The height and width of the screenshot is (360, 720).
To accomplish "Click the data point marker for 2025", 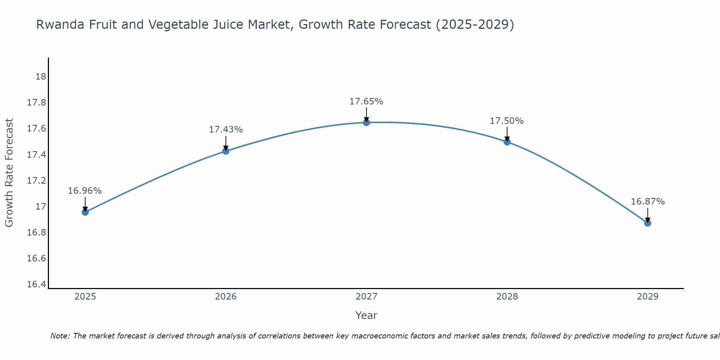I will coord(85,212).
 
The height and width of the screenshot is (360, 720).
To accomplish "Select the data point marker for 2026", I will coord(226,151).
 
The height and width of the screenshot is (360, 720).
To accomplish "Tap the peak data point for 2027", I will coord(366,122).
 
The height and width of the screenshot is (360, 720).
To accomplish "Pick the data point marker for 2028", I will coord(507,142).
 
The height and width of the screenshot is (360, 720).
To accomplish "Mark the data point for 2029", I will coord(648,223).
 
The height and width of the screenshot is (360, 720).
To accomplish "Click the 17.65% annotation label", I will coord(366,102).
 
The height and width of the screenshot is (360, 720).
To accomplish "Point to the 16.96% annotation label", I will coord(85,191).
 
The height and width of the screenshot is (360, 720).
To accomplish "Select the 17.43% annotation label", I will coord(226,130).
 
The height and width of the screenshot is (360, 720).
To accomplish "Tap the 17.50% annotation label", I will coord(507,121).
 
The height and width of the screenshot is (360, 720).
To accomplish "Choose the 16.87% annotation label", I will coord(648,202).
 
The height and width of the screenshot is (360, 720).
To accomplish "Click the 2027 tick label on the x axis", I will coord(366,297).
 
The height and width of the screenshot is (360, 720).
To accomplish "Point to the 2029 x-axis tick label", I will coord(648,297).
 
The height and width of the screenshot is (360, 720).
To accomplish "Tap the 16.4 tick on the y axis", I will coord(37,284).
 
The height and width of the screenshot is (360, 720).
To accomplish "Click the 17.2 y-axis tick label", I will coord(37,180).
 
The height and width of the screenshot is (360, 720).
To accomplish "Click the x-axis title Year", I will coord(366,315).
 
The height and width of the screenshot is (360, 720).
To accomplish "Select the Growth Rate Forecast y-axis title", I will coord(9,172).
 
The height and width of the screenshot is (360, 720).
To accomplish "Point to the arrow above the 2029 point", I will coord(648,215).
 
